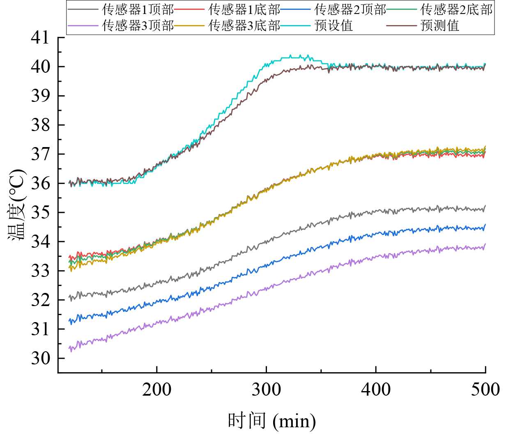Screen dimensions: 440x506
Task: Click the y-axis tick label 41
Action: click(x=40, y=38)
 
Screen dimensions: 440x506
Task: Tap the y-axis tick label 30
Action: click(x=40, y=358)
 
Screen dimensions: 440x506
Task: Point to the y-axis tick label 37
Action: click(x=40, y=154)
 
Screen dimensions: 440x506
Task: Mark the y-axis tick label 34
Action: click(x=40, y=242)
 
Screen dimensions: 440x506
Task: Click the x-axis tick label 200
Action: click(x=157, y=389)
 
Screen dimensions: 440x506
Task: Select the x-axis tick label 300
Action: click(x=267, y=389)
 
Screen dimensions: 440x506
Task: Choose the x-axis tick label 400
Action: click(x=376, y=389)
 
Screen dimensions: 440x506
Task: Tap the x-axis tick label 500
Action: click(x=485, y=389)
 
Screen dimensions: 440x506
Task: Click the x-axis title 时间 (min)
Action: click(x=272, y=421)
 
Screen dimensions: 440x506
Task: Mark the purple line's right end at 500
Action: click(x=485, y=244)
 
